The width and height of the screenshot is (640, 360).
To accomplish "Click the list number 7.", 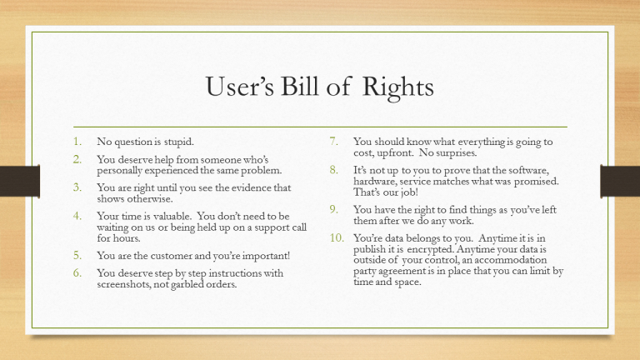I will tap(333, 142).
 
